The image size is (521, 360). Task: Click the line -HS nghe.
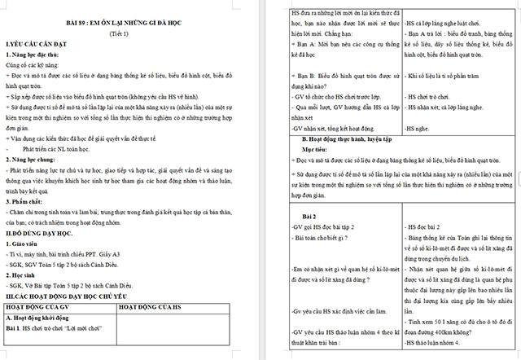point(418,128)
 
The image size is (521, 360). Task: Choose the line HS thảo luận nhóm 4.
point(437,345)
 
